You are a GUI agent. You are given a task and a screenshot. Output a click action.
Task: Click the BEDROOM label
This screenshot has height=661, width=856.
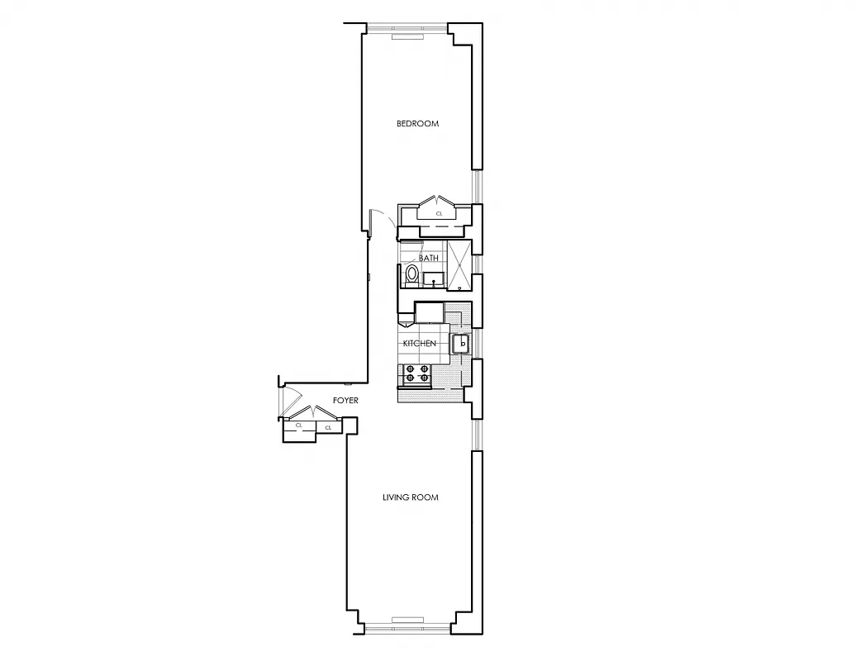point(417,124)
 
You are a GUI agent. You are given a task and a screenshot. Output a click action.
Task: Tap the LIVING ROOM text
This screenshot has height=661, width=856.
point(410,497)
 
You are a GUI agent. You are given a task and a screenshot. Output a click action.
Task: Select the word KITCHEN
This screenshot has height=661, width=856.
point(419,343)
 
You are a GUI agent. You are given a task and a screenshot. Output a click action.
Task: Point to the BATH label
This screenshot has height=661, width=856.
point(429,258)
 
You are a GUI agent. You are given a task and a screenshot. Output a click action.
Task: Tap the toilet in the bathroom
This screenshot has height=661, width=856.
point(411,273)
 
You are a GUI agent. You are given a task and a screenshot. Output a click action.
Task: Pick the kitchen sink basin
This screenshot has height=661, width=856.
point(461,343)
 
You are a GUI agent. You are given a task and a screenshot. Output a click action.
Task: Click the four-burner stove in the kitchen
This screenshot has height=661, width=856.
point(416,374)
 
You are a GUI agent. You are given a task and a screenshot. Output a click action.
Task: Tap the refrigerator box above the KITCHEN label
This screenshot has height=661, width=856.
point(430,313)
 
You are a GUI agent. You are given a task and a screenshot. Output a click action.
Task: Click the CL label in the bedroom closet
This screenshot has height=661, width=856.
point(439,213)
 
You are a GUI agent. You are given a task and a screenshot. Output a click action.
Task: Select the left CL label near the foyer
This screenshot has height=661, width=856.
point(299,426)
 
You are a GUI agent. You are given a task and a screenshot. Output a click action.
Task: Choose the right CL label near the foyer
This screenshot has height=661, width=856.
point(328,427)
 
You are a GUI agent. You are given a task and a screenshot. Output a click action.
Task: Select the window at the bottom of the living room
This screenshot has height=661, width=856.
point(408,627)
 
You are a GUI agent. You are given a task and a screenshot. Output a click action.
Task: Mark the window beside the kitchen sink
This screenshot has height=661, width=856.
point(476,343)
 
